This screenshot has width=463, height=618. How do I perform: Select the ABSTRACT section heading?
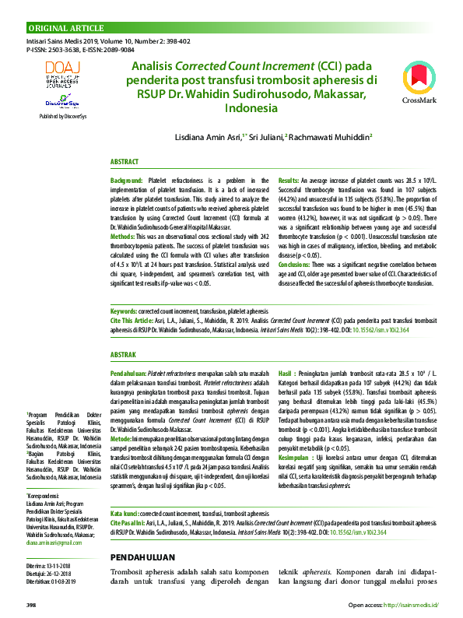pyautogui.click(x=125, y=162)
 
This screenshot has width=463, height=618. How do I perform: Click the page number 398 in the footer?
pyautogui.click(x=32, y=604)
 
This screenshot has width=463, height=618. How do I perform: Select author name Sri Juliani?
pyautogui.click(x=268, y=136)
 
